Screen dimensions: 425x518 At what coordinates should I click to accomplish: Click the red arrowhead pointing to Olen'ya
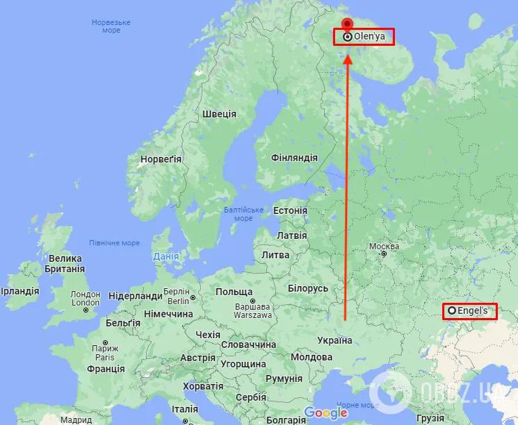(x=348, y=57)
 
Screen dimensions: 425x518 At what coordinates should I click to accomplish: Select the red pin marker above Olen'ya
(x=348, y=25)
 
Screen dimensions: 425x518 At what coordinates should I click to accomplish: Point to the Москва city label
(x=384, y=247)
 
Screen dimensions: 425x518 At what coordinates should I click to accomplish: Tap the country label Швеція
(x=219, y=114)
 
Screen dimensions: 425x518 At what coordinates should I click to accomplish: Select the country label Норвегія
(x=161, y=159)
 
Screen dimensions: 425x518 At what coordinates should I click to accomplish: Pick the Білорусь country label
(x=307, y=288)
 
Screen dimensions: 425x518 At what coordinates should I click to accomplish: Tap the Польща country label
(x=234, y=292)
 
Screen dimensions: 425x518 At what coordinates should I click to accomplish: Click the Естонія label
(x=290, y=210)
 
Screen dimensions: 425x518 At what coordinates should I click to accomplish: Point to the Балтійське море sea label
(x=243, y=214)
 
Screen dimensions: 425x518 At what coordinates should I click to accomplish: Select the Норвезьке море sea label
(x=106, y=26)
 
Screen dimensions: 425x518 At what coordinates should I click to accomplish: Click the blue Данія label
(x=165, y=256)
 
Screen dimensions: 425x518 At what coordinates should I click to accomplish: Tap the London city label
(x=86, y=299)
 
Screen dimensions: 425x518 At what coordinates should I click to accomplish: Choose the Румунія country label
(x=284, y=378)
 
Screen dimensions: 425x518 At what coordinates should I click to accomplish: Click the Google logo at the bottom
(x=325, y=413)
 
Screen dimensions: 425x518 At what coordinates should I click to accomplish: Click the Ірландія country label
(x=21, y=290)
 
